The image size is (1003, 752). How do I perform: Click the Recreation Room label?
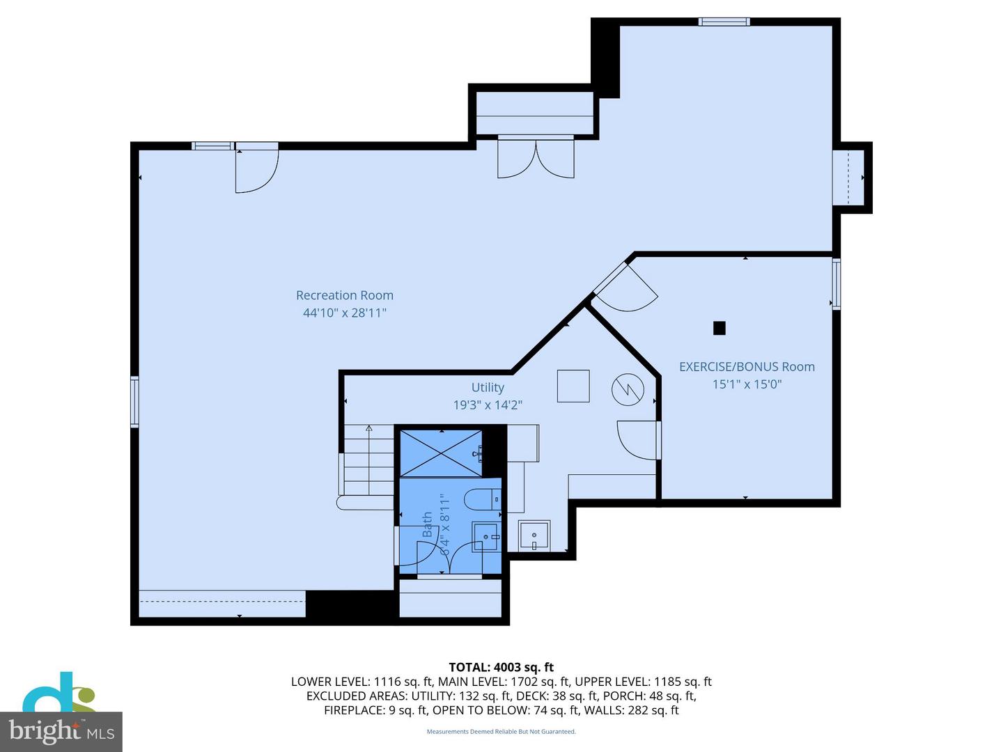[345, 295]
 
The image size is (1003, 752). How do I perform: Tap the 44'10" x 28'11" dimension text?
[345, 313]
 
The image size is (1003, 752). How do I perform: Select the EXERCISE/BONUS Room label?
[747, 367]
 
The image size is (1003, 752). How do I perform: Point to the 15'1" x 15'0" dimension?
[747, 384]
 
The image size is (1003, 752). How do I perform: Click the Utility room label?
[488, 388]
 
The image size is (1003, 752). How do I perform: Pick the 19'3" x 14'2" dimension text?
[488, 405]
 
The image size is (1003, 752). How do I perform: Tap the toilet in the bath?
[483, 499]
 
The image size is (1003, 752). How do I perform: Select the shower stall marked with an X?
[440, 453]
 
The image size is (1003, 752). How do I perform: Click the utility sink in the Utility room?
[534, 535]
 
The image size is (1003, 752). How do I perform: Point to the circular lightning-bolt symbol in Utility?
[628, 390]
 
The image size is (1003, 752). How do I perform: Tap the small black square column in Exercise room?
[720, 328]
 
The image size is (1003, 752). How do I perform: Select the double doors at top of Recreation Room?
[536, 157]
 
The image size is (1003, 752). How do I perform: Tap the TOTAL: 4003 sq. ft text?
[501, 667]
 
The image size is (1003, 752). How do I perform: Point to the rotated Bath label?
[427, 524]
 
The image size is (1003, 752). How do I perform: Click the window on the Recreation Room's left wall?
[134, 401]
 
